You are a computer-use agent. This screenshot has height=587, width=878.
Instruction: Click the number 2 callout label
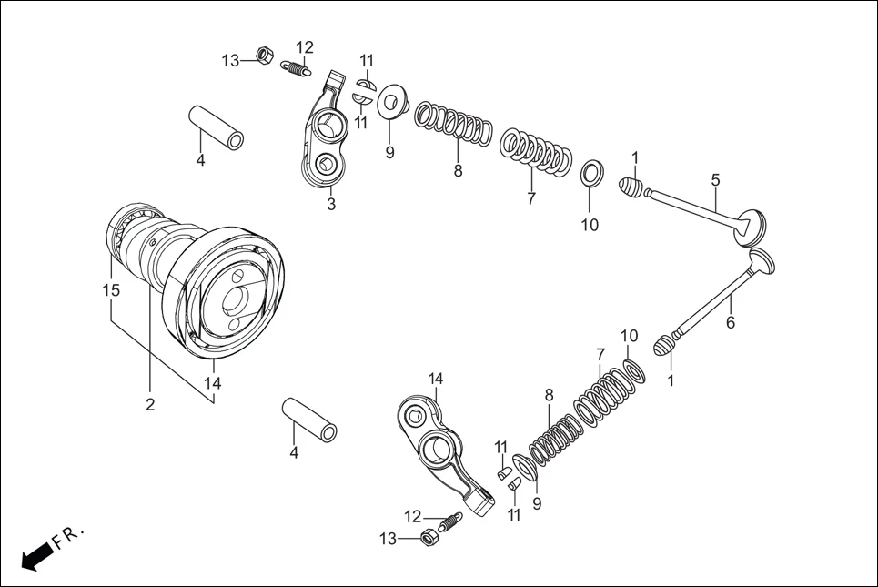pos(150,405)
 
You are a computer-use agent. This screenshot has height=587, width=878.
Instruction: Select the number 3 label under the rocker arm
pos(331,205)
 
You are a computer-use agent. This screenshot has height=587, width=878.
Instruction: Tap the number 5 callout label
pos(716,180)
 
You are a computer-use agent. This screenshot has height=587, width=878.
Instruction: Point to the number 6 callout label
pos(730,322)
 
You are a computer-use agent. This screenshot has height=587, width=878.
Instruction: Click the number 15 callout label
pos(111,290)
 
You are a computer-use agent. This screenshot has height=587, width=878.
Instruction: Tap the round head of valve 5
pos(752,228)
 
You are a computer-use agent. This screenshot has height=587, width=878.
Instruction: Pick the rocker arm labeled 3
pos(325,137)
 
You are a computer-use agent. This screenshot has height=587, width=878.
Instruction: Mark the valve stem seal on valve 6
pos(667,345)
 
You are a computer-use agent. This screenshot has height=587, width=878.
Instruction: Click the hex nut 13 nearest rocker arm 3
pos(261,56)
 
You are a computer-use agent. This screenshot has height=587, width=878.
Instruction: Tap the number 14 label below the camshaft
pos(212,384)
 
